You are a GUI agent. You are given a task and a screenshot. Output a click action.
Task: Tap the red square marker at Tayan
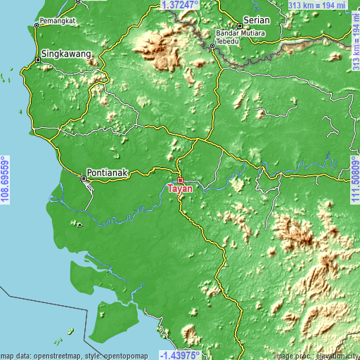180,180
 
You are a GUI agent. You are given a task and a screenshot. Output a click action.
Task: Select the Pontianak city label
108,172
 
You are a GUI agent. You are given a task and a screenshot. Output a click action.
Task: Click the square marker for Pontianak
84,179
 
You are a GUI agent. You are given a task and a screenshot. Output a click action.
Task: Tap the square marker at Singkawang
39,60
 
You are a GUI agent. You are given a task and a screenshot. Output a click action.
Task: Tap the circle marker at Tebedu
212,46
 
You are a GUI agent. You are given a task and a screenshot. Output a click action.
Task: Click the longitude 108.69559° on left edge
5,180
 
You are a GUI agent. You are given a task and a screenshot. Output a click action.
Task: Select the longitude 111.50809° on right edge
354,180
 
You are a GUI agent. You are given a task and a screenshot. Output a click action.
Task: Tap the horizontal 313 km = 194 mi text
318,5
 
